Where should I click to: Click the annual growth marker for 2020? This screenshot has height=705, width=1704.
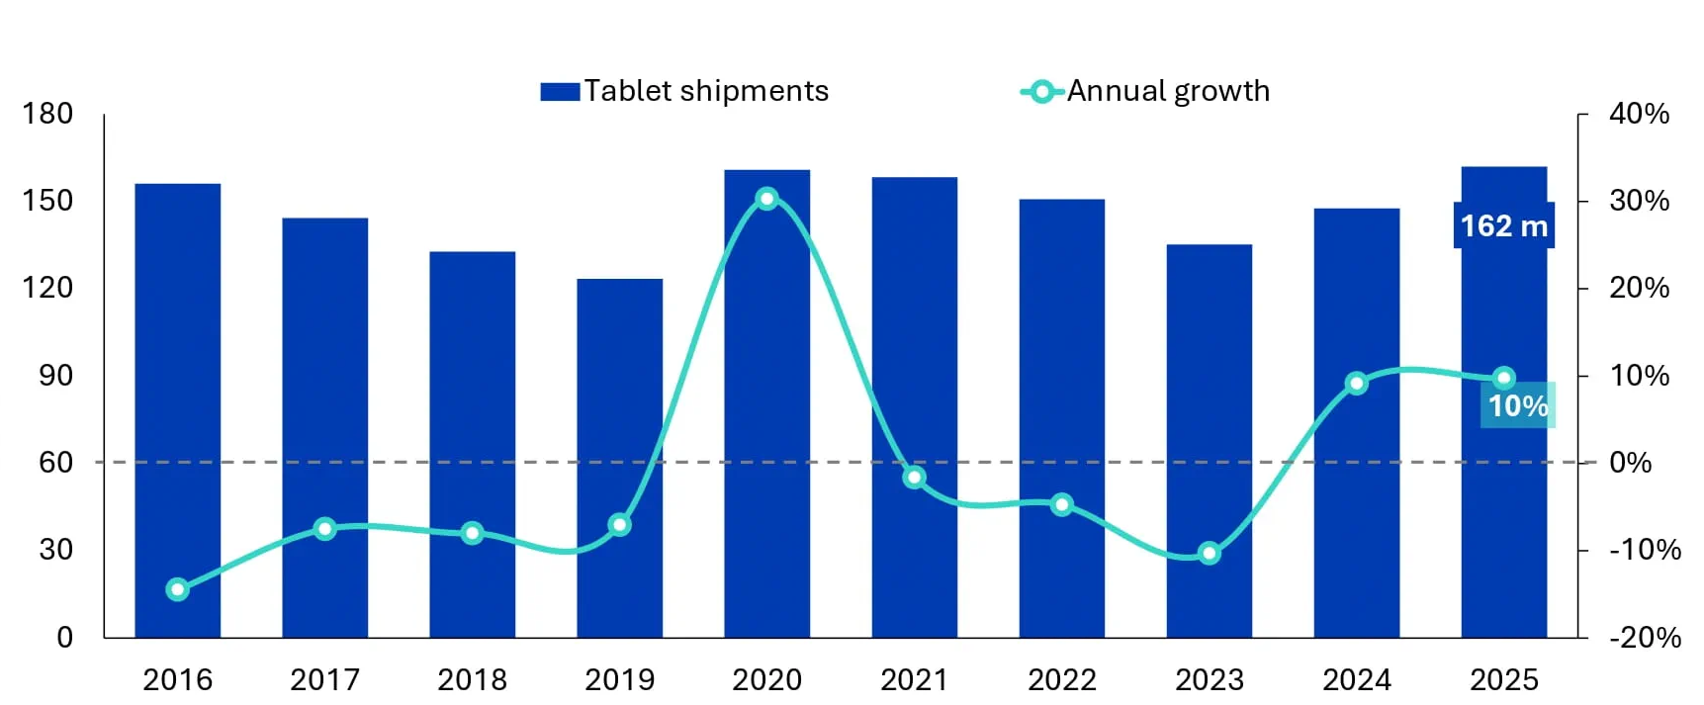766,199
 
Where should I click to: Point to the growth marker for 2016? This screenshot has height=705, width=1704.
178,589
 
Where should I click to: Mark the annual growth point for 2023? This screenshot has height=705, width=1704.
1209,554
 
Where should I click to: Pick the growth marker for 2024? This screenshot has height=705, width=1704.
1357,384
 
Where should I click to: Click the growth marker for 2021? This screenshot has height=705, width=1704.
914,478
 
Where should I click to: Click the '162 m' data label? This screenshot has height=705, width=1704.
1503,225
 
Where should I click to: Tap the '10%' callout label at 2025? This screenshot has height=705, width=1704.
1517,405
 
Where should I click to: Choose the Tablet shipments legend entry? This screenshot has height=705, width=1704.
685,91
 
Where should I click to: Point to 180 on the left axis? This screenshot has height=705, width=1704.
47,114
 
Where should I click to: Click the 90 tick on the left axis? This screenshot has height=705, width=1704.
55,375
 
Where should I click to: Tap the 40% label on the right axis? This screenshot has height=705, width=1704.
1639,114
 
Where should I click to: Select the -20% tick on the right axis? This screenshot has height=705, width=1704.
1645,637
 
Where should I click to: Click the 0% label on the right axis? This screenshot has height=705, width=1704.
1630,462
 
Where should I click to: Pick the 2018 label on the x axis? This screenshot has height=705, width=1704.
472,679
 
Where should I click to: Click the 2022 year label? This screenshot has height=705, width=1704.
1061,679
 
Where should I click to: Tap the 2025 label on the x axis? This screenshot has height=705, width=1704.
1503,679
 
